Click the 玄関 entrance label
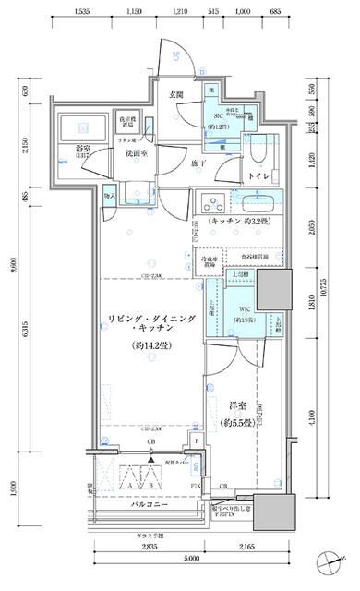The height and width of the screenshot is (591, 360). (x=176, y=95)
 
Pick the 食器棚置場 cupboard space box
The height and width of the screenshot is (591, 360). (x=255, y=259)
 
